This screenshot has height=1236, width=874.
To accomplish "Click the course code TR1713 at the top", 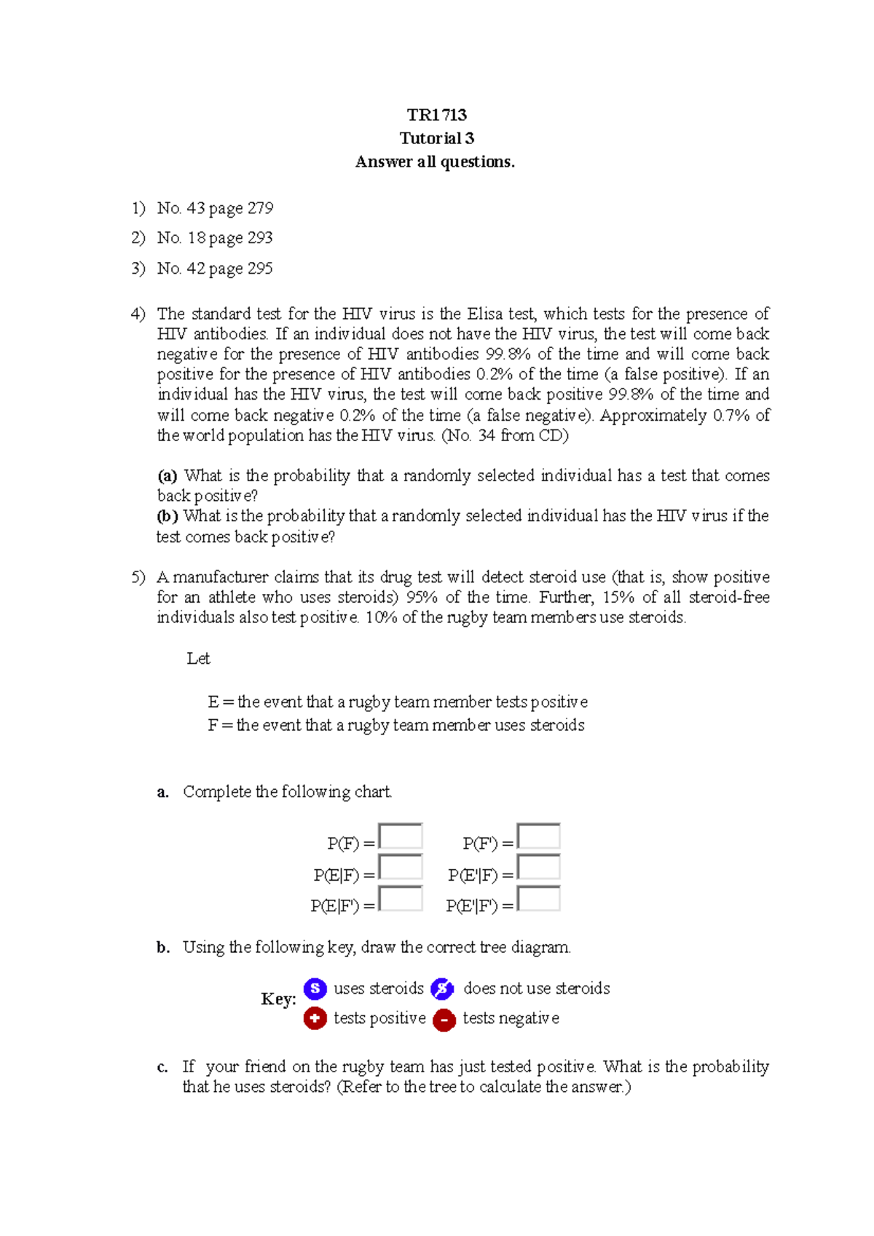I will (x=436, y=115).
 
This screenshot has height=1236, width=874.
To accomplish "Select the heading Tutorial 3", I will (x=436, y=138).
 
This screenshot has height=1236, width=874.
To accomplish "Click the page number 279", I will (x=260, y=208).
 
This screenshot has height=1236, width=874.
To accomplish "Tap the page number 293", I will (x=259, y=238).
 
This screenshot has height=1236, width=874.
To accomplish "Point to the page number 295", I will (x=259, y=269).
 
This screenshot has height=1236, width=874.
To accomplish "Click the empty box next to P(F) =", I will (x=401, y=836).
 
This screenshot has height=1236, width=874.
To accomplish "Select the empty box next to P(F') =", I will (x=538, y=836).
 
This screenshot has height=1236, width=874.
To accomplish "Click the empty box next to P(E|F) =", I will (x=401, y=868).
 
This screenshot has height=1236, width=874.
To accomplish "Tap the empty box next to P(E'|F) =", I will (x=538, y=868).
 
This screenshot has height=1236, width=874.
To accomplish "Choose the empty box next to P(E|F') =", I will (x=401, y=899).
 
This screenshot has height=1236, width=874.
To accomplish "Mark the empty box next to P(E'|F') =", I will (x=538, y=899).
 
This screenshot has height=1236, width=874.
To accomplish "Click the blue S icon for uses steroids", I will (x=315, y=989).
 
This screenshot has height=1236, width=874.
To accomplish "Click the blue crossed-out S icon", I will (x=442, y=989).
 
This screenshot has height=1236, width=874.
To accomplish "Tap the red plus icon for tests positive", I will (x=315, y=1018).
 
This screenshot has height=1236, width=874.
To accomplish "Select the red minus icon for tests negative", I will (x=444, y=1020).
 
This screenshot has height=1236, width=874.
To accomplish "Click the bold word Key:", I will (x=278, y=999).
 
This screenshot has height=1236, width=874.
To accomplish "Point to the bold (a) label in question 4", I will (x=168, y=476).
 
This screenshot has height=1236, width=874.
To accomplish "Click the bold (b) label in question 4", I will (x=168, y=516).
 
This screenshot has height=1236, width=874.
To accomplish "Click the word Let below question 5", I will (x=198, y=659).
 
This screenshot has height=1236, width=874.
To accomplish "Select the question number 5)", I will (x=138, y=577).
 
